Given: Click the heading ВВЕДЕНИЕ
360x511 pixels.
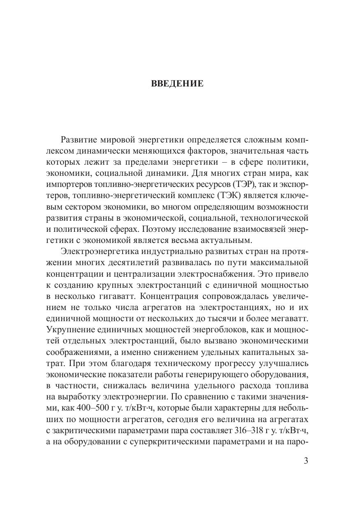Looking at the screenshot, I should (x=177, y=84).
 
